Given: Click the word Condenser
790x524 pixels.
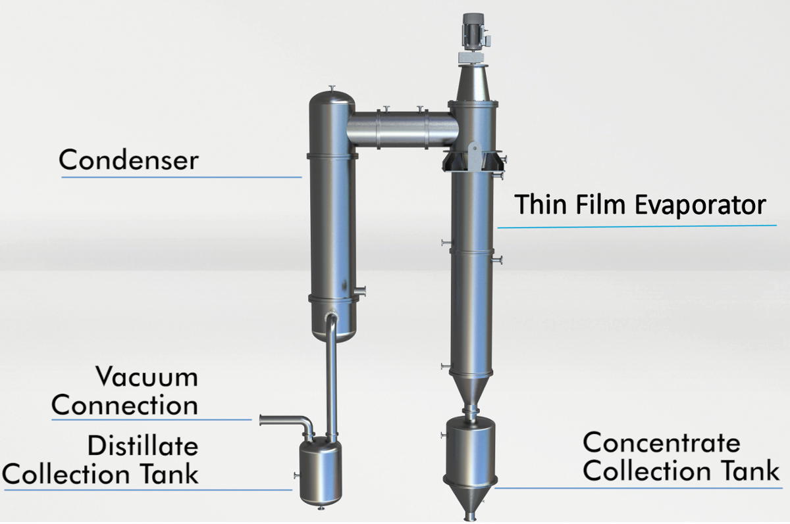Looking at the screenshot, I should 128,159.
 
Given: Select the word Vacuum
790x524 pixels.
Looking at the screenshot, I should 146,377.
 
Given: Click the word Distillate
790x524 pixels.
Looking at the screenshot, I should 142,446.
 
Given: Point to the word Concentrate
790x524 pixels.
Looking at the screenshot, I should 661,443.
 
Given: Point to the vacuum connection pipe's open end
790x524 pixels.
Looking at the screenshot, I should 263,419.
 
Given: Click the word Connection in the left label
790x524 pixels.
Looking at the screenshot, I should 124,404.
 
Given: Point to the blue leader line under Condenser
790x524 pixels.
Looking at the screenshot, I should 181,177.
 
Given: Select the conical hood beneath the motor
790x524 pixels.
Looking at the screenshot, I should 472,82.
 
